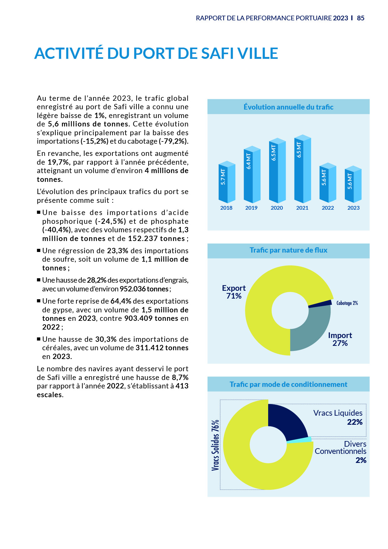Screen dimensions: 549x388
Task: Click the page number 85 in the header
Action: [360, 18]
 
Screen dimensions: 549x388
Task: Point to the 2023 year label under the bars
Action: [353, 208]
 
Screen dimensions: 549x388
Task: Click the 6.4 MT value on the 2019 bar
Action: [248, 161]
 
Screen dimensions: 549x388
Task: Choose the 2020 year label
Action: [277, 208]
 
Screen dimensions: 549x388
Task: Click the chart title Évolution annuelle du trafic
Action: [288, 107]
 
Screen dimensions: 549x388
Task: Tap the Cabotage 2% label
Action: [347, 303]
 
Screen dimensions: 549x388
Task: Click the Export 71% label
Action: [234, 292]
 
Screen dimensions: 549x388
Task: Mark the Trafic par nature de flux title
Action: [288, 250]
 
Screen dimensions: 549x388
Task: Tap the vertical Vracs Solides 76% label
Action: [215, 445]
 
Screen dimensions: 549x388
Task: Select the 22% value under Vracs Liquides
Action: [355, 422]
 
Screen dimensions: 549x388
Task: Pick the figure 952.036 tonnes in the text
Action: [144, 289]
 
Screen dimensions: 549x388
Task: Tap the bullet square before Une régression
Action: [39, 250]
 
